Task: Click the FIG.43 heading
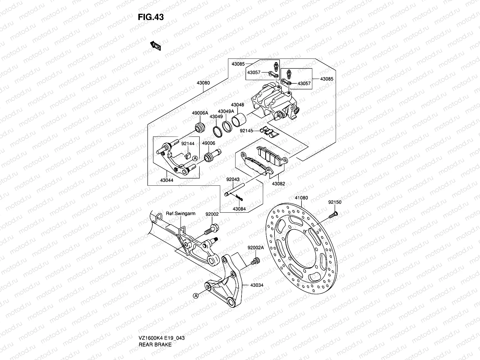coord(151,17)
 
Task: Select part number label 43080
coord(203,83)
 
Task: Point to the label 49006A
coord(200,113)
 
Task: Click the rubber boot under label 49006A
coord(200,127)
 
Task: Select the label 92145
coord(247,131)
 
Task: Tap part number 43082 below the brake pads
coord(278,184)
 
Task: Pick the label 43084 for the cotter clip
coord(239,209)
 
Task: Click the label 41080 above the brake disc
coord(301,198)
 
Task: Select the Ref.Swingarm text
coord(181,214)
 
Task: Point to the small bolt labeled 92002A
coord(256,261)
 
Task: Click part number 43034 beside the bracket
coord(257,285)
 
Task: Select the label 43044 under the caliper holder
coord(166,181)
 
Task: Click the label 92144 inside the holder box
coord(188,144)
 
